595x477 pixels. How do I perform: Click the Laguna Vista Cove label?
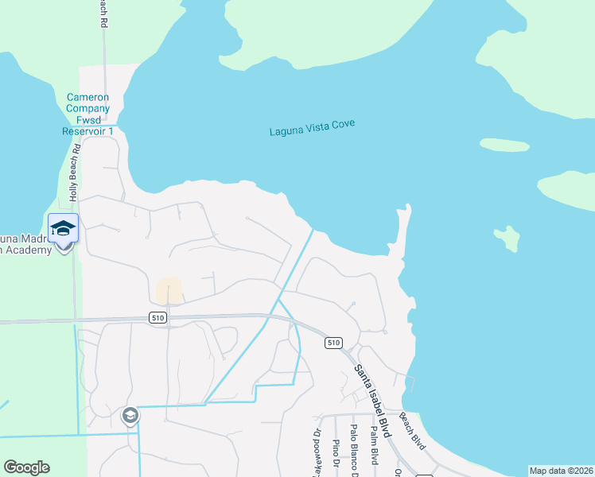click(311, 128)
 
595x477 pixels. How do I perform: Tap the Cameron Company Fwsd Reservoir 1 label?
click(87, 114)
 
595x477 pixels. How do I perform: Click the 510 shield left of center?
click(157, 317)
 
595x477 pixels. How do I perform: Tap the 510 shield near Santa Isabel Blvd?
click(333, 343)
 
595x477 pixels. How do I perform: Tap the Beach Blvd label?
click(413, 430)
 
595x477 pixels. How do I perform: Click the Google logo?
click(26, 467)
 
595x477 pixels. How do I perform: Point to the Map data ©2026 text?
click(561, 471)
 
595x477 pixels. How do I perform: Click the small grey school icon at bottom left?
click(130, 415)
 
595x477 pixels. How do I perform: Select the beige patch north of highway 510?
click(169, 291)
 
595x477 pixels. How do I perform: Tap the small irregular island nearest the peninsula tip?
click(506, 236)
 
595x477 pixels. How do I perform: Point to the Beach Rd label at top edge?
click(103, 14)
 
